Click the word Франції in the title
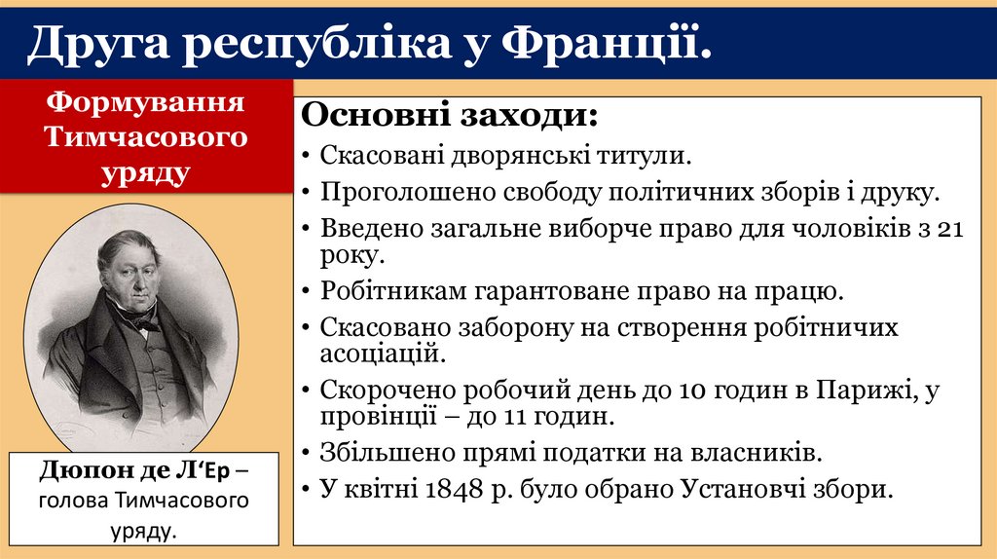coord(605,43)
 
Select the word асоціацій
coord(383,352)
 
